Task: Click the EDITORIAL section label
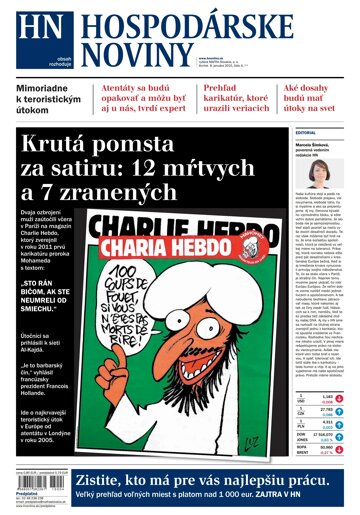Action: point(306,132)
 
